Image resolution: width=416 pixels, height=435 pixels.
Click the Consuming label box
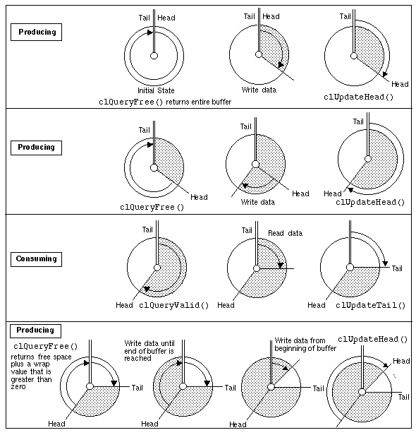(36, 259)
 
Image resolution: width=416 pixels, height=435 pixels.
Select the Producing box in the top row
(36, 32)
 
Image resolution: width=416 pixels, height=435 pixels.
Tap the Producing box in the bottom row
(36, 330)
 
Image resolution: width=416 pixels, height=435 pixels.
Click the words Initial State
(155, 90)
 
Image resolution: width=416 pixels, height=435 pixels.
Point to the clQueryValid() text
(174, 305)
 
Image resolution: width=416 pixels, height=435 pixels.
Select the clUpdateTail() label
(370, 305)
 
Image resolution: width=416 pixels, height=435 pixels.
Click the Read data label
(285, 233)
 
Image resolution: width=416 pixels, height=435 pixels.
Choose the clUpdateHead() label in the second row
(370, 202)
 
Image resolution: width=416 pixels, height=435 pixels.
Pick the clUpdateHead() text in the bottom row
(373, 340)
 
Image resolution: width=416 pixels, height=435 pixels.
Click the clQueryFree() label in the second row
(152, 207)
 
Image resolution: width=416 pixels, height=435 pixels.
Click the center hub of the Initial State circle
(154, 56)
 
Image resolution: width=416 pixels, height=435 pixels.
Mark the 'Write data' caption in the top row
(259, 90)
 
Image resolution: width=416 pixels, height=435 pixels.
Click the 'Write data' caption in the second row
(258, 202)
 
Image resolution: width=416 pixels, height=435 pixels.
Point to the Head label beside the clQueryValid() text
(124, 305)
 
